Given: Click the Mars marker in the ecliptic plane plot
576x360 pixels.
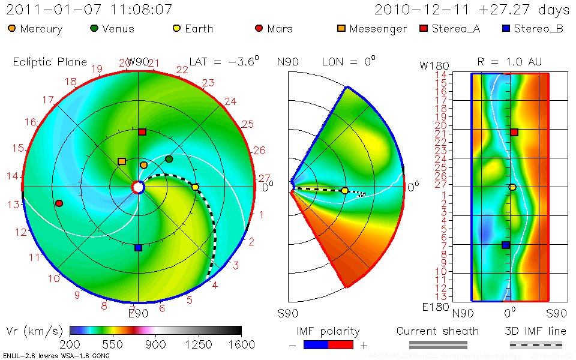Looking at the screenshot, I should (x=59, y=203).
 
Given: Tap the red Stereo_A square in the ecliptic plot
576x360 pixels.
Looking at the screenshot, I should (x=142, y=132).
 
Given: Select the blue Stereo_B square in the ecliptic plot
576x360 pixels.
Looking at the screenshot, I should (x=138, y=247).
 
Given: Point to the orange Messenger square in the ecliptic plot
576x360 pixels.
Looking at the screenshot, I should (x=122, y=161).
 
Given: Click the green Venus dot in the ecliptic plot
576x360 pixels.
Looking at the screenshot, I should (x=169, y=159).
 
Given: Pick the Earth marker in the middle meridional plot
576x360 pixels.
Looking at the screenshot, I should (x=344, y=191).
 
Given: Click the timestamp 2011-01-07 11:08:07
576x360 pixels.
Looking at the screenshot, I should (x=89, y=10).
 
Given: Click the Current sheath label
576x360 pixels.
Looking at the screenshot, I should (x=437, y=331).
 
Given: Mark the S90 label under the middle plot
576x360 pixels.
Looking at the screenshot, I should (x=287, y=313).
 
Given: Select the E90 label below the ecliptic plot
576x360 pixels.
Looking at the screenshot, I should (x=138, y=313).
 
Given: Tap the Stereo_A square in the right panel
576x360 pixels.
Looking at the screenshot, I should (x=514, y=132).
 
